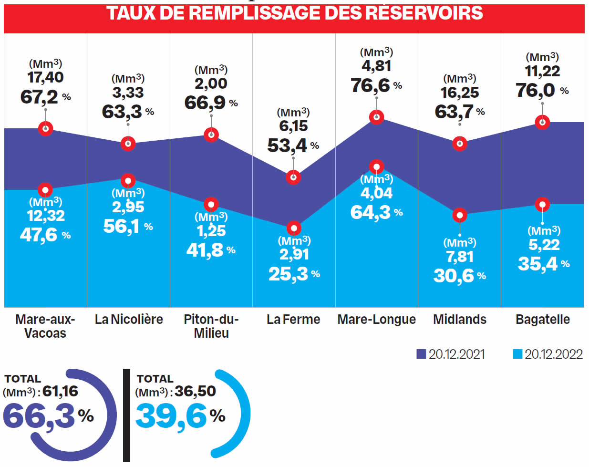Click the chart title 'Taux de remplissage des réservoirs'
(x=294, y=13)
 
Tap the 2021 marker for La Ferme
(x=293, y=177)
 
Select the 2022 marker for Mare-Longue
(x=376, y=166)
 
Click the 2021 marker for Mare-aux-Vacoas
(x=45, y=128)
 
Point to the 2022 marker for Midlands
(x=460, y=216)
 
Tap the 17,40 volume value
(x=45, y=77)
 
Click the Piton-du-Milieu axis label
(x=211, y=326)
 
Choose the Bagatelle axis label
(x=542, y=319)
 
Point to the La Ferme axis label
(x=293, y=319)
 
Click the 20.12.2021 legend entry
(x=451, y=354)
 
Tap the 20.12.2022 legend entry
(x=548, y=354)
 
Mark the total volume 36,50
(x=195, y=392)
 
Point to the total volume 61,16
(x=60, y=392)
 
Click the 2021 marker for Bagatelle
(x=542, y=122)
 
